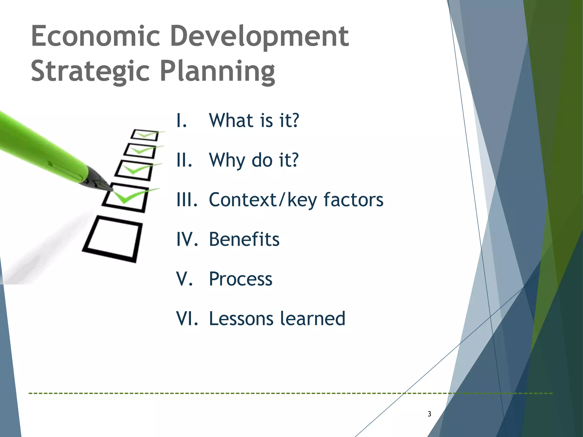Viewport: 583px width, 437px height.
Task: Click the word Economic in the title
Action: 95,36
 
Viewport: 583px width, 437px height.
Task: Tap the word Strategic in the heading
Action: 90,71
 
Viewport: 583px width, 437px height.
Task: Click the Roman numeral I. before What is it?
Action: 182,121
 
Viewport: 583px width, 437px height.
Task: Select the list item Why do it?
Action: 254,160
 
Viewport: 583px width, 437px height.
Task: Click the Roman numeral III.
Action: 187,200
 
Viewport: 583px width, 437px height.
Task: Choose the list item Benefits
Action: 244,239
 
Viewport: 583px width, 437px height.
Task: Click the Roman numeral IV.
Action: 187,239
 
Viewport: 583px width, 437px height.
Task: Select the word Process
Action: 241,279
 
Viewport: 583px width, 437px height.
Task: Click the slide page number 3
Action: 429,414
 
